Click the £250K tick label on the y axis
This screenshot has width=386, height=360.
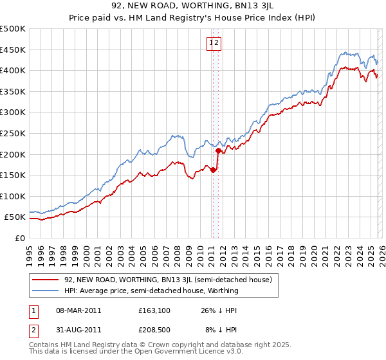pyautogui.click(x=13, y=133)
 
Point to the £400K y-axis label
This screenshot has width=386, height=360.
pyautogui.click(x=13, y=70)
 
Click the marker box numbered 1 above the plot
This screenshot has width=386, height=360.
pyautogui.click(x=210, y=43)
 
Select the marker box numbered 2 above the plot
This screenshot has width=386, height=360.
pyautogui.click(x=217, y=43)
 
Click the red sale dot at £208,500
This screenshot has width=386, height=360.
pyautogui.click(x=219, y=151)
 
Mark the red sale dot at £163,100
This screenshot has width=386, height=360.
pyautogui.click(x=213, y=170)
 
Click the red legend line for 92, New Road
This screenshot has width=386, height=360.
pyautogui.click(x=46, y=280)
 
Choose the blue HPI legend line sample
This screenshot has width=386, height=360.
pyautogui.click(x=46, y=291)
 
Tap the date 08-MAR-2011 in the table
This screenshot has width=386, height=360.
pyautogui.click(x=78, y=310)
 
